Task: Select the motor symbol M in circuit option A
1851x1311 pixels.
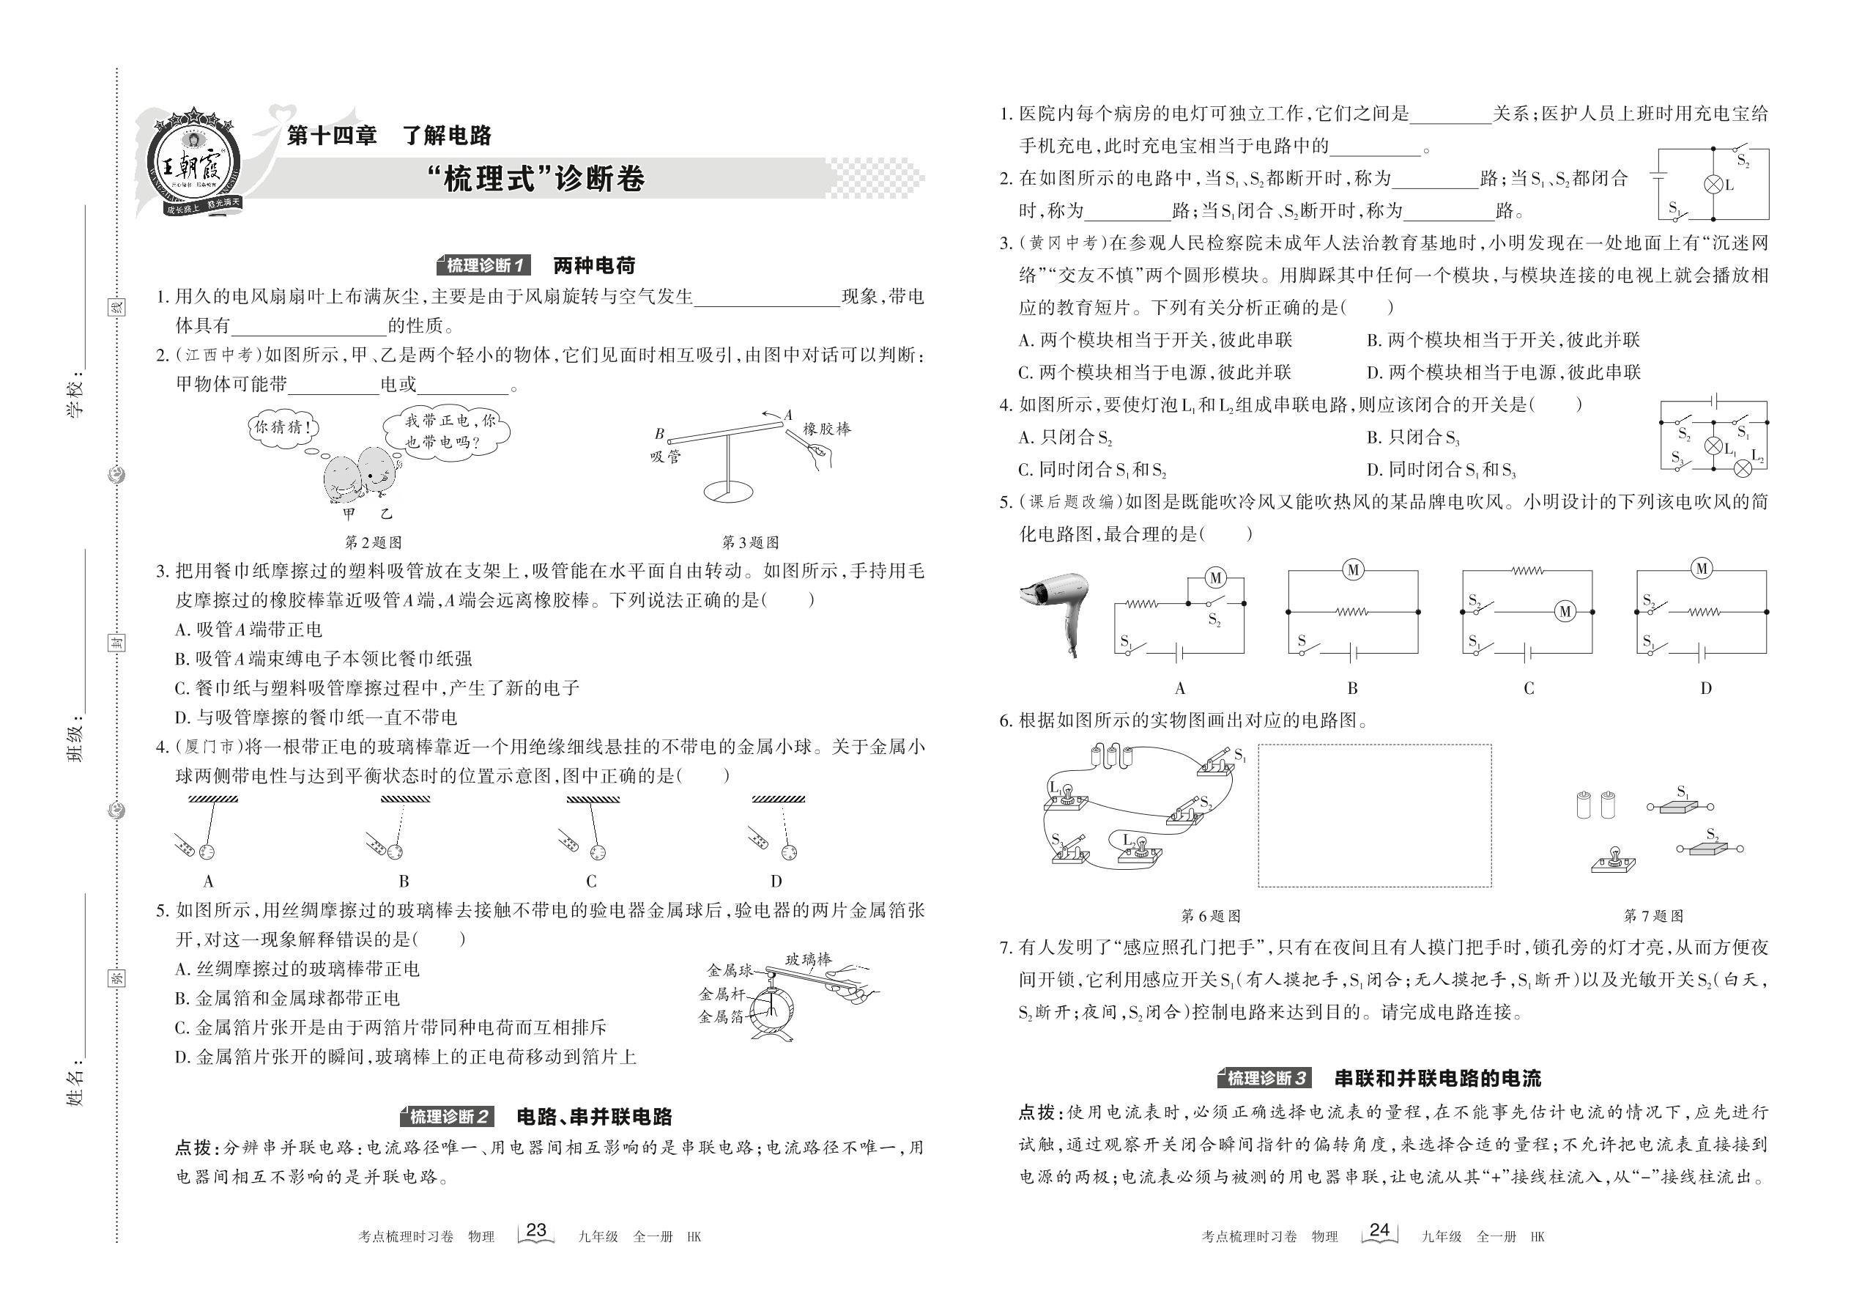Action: [1216, 578]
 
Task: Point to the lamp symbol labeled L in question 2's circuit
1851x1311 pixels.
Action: [1713, 185]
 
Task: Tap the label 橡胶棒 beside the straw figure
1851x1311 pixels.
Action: [826, 429]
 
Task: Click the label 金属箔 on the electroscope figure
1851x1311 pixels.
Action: [721, 1017]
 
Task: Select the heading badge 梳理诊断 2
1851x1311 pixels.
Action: [448, 1118]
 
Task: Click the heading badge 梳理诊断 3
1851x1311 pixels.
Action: [1266, 1079]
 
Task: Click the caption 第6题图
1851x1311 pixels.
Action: [1210, 915]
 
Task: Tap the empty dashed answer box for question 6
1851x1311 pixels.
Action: [1374, 816]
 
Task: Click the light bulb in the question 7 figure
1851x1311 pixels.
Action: [1613, 860]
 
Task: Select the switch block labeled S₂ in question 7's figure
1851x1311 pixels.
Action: [1710, 849]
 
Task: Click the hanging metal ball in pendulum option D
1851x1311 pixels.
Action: [788, 852]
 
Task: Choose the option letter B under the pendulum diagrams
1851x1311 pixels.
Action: [404, 882]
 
